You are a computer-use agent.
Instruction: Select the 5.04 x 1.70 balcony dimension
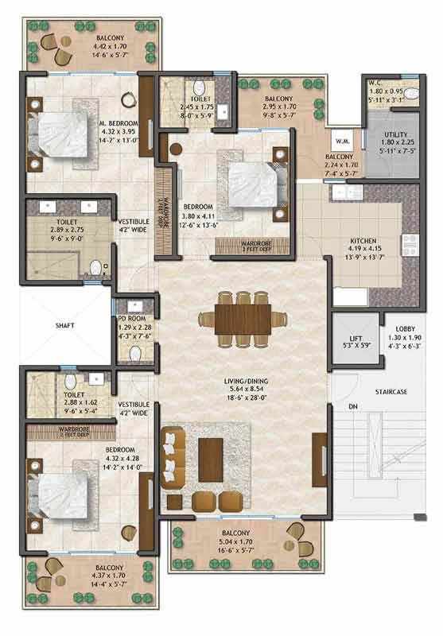click(236, 543)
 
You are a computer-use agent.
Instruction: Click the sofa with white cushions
click(171, 458)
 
